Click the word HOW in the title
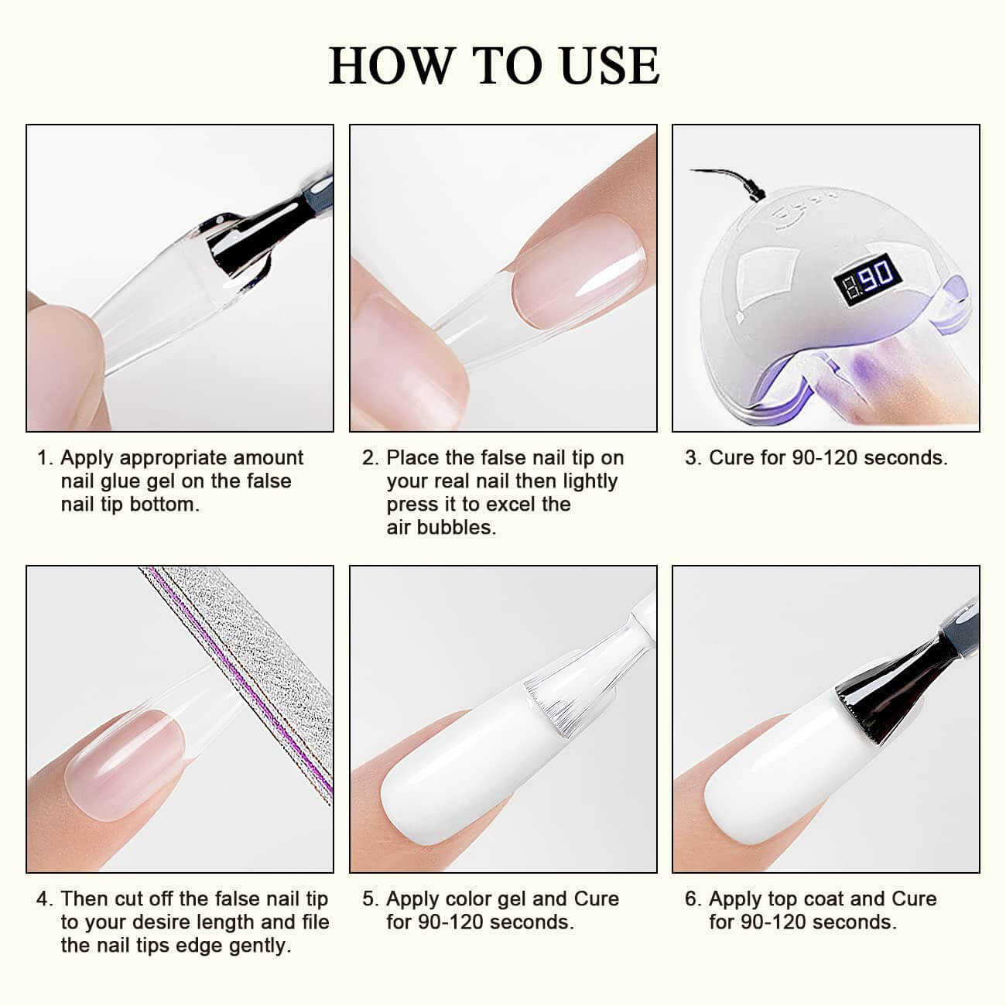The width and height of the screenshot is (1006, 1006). coord(390,66)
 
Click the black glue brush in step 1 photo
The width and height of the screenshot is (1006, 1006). coord(251,232)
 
